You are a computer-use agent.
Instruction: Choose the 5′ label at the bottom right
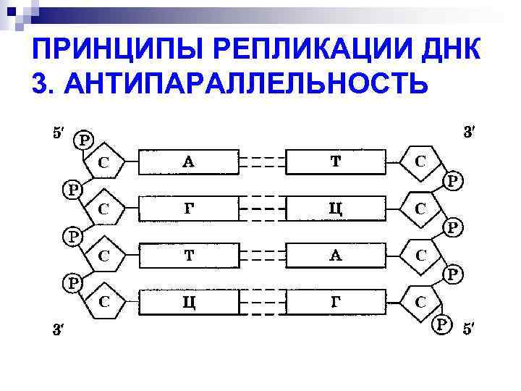pos(470,329)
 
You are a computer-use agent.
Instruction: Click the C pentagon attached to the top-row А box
pos(106,163)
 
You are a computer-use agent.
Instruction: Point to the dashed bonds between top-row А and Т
pos(262,162)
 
